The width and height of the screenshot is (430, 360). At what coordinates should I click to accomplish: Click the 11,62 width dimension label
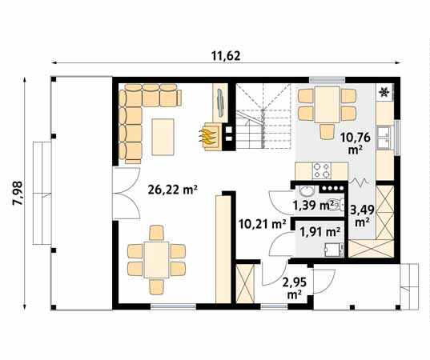pyautogui.click(x=227, y=55)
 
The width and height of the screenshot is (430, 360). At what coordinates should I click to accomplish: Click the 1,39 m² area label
pyautogui.click(x=314, y=206)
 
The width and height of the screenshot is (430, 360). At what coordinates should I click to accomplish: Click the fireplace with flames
pyautogui.click(x=211, y=135)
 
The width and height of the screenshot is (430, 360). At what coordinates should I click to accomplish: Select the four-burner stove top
pyautogui.click(x=322, y=170)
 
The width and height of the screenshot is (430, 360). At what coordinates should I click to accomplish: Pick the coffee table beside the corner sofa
pyautogui.click(x=163, y=137)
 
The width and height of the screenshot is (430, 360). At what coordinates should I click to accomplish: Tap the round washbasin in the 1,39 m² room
pyautogui.click(x=306, y=192)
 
